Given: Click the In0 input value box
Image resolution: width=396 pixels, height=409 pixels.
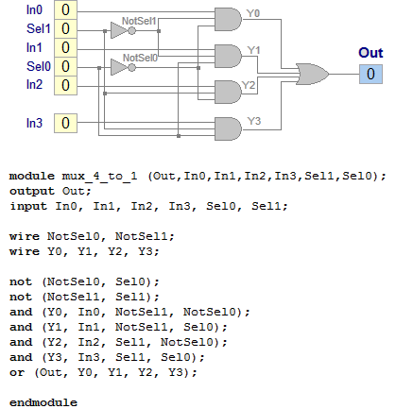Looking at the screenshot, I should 65,10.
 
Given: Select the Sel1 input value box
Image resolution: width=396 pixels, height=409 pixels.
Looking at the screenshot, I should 65,29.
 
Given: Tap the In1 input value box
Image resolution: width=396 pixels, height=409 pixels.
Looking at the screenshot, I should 65,47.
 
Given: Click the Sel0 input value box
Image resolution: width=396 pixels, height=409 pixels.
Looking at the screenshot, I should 65,66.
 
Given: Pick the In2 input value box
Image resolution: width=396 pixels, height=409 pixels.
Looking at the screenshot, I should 65,85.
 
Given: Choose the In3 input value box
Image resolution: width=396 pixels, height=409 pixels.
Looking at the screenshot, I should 65,123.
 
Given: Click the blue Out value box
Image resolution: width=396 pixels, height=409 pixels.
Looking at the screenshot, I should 370,74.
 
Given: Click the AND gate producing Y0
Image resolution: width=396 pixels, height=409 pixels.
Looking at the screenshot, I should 228,19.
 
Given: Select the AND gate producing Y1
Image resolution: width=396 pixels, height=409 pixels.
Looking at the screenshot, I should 228,55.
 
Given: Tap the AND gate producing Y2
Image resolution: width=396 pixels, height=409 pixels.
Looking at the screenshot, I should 228,91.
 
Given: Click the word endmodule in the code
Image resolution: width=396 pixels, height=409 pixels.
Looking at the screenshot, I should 43,402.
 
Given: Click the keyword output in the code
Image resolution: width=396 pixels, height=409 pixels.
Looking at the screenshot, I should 32,190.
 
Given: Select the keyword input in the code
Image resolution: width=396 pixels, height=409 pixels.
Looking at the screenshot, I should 28,204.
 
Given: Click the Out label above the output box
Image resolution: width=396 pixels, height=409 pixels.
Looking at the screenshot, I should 370,53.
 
